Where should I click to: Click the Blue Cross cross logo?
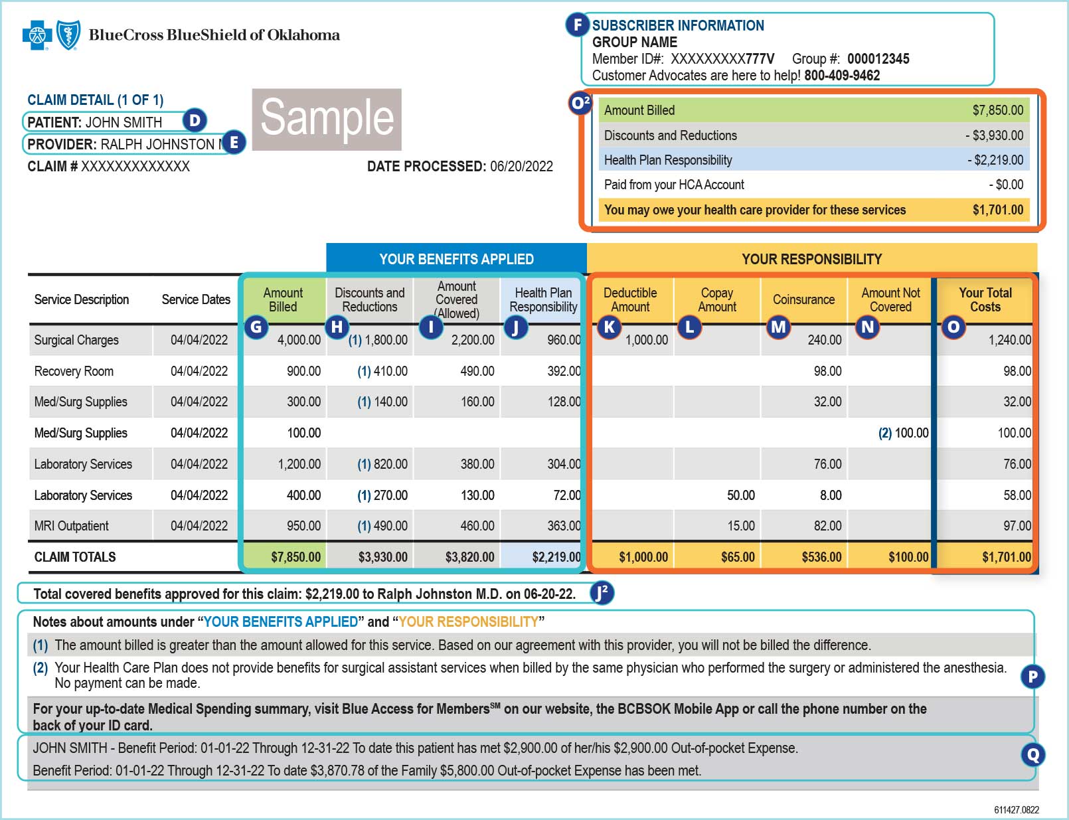tap(37, 35)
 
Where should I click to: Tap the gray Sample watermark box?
tap(327, 120)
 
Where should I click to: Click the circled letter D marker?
tap(195, 120)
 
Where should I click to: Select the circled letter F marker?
tap(578, 25)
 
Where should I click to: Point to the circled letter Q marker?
tap(1033, 754)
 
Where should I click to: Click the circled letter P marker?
tap(1033, 677)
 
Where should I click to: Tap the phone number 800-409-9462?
tap(842, 76)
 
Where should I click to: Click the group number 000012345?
tap(878, 59)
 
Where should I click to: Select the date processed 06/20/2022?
tap(521, 167)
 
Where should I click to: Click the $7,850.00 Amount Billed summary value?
tap(997, 110)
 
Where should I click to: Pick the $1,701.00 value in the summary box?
tap(997, 210)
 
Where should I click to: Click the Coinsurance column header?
tap(803, 299)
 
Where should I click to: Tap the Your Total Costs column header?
tap(985, 299)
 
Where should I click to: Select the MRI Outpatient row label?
tap(71, 526)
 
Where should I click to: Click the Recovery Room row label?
tap(74, 371)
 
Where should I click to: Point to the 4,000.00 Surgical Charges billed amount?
tap(299, 340)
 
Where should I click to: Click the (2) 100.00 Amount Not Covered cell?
tap(903, 433)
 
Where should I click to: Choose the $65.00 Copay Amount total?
tap(738, 557)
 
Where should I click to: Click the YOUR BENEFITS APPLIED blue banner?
tap(456, 259)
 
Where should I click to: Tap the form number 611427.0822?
tap(1016, 810)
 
